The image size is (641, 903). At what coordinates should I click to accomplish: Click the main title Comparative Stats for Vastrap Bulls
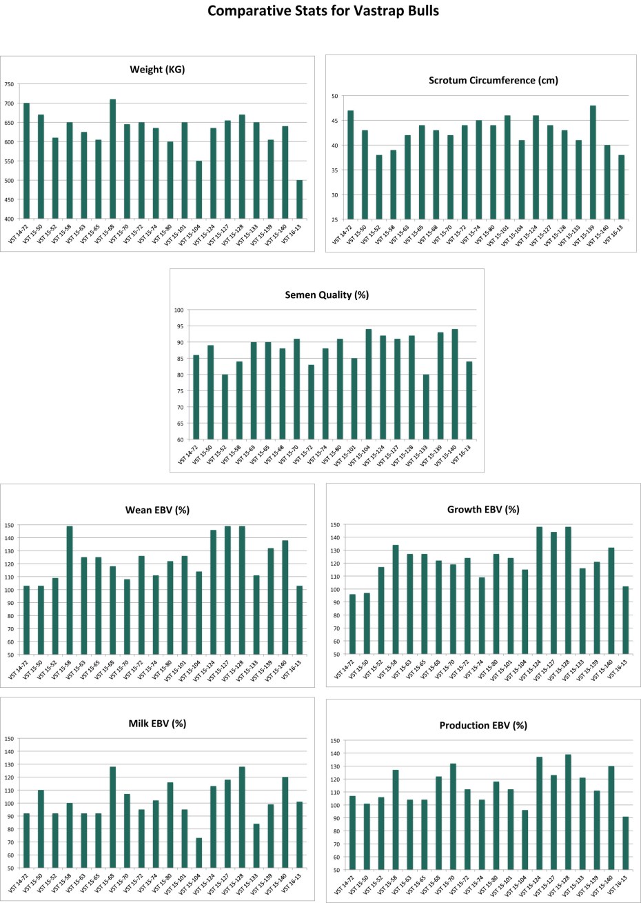323,12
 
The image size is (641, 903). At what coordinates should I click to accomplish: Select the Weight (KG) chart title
157,70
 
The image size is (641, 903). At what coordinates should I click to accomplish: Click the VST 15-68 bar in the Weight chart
113,159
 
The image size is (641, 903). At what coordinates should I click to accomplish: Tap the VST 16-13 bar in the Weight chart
299,199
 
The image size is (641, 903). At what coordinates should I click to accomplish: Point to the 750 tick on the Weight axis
8,84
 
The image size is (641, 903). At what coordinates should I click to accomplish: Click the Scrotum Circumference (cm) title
494,81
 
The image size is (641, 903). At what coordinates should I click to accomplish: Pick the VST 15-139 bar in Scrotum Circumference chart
593,163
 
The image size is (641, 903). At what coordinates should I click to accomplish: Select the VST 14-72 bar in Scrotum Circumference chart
350,165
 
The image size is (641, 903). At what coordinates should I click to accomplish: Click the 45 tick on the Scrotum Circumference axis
334,121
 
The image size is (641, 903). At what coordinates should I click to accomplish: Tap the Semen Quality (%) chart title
327,295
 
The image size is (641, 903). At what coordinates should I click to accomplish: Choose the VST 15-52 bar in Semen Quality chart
225,407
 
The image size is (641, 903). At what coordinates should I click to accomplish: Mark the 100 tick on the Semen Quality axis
179,310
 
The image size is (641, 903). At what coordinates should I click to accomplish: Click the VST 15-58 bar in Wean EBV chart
70,591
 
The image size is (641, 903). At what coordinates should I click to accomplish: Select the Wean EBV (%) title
157,510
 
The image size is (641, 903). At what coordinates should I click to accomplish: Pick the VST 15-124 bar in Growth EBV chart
539,591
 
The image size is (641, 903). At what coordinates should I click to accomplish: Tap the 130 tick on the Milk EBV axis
9,764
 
